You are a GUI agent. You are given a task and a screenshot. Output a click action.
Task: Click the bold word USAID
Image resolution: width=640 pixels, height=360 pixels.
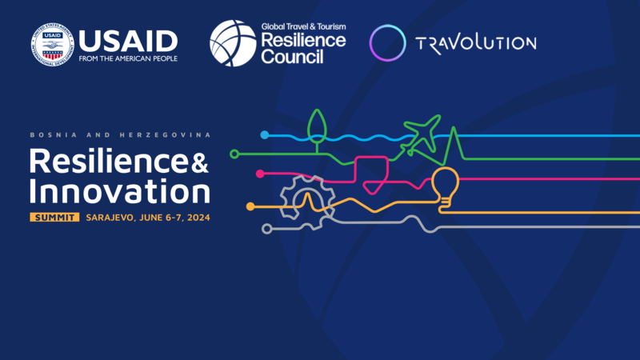click(x=128, y=40)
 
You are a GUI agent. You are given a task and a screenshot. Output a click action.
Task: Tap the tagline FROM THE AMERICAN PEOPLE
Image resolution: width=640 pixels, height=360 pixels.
click(x=128, y=58)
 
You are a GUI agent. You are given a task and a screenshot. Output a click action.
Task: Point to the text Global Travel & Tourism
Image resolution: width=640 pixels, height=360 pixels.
click(x=303, y=26)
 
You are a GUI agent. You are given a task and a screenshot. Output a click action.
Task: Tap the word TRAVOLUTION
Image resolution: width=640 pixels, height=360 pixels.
click(x=475, y=42)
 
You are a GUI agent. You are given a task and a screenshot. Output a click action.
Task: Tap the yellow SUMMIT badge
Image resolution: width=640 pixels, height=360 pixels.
click(x=54, y=217)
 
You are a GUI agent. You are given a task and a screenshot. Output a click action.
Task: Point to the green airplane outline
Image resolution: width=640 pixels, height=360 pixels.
click(x=421, y=134)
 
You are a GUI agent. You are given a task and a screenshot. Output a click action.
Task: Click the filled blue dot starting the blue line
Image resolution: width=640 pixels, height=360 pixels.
click(x=265, y=135)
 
